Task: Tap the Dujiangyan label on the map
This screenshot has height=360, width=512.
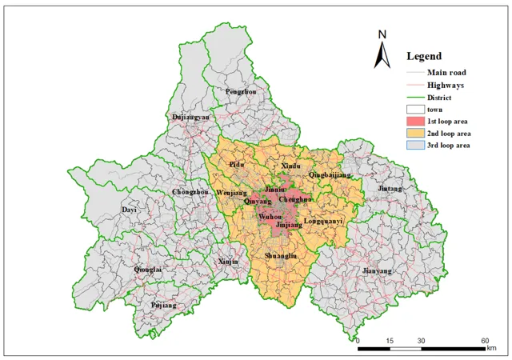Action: point(191,117)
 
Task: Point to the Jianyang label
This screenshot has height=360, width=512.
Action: point(378,271)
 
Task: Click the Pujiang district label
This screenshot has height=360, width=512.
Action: point(164,306)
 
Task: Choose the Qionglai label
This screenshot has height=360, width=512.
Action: point(147,270)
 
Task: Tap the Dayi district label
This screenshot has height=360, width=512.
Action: point(129,210)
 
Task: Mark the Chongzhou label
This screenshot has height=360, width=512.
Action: point(190,192)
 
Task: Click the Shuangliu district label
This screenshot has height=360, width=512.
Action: point(281,255)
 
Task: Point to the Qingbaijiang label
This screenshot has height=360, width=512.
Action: point(330,174)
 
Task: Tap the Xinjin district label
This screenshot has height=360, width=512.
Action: point(228,262)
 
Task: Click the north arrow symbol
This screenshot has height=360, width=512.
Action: point(382,50)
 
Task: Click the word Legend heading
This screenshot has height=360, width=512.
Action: point(423,56)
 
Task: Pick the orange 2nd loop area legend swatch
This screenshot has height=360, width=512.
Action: point(414,133)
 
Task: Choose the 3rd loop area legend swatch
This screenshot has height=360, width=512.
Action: point(414,146)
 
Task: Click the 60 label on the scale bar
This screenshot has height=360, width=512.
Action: point(486,342)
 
